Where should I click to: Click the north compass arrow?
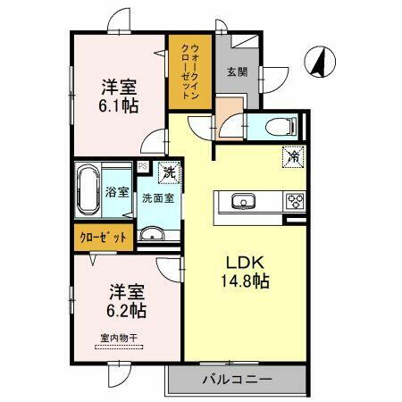[x=317, y=63]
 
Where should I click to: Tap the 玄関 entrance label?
[x=235, y=72]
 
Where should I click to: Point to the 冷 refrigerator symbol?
[x=293, y=155]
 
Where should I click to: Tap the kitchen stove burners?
[x=295, y=201]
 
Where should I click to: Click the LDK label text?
[x=243, y=264]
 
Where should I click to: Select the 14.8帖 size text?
[x=243, y=281]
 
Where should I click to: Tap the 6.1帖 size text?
[x=117, y=105]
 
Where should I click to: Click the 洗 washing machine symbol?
[x=167, y=171]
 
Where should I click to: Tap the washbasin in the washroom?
[x=152, y=235]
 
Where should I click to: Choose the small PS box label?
[x=141, y=165]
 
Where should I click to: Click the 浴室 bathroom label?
[x=117, y=191]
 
